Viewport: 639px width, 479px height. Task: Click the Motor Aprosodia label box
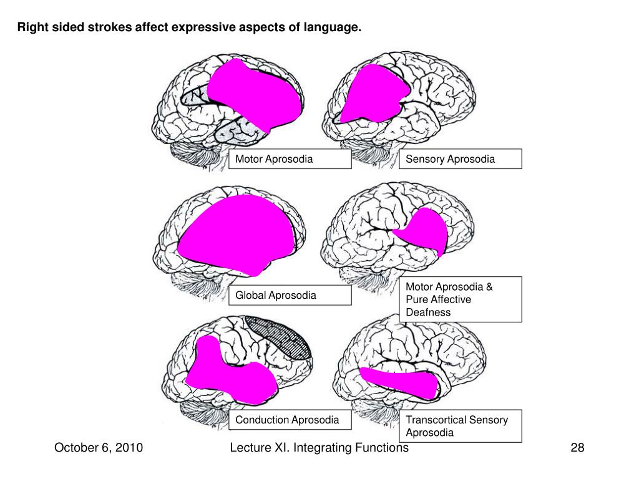[290, 159]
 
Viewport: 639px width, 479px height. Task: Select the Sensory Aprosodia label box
[461, 159]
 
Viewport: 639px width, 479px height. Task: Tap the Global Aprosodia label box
[290, 295]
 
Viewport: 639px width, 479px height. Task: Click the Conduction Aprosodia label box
[290, 420]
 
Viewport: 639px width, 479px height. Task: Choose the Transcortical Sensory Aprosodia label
[461, 426]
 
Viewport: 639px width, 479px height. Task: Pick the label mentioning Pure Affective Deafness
[461, 299]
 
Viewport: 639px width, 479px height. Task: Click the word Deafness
[428, 312]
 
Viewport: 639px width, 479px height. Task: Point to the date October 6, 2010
[99, 448]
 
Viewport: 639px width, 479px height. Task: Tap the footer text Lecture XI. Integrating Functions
[319, 448]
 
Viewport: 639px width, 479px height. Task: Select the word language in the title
[336, 28]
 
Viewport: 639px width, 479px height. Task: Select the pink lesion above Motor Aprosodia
[256, 94]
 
